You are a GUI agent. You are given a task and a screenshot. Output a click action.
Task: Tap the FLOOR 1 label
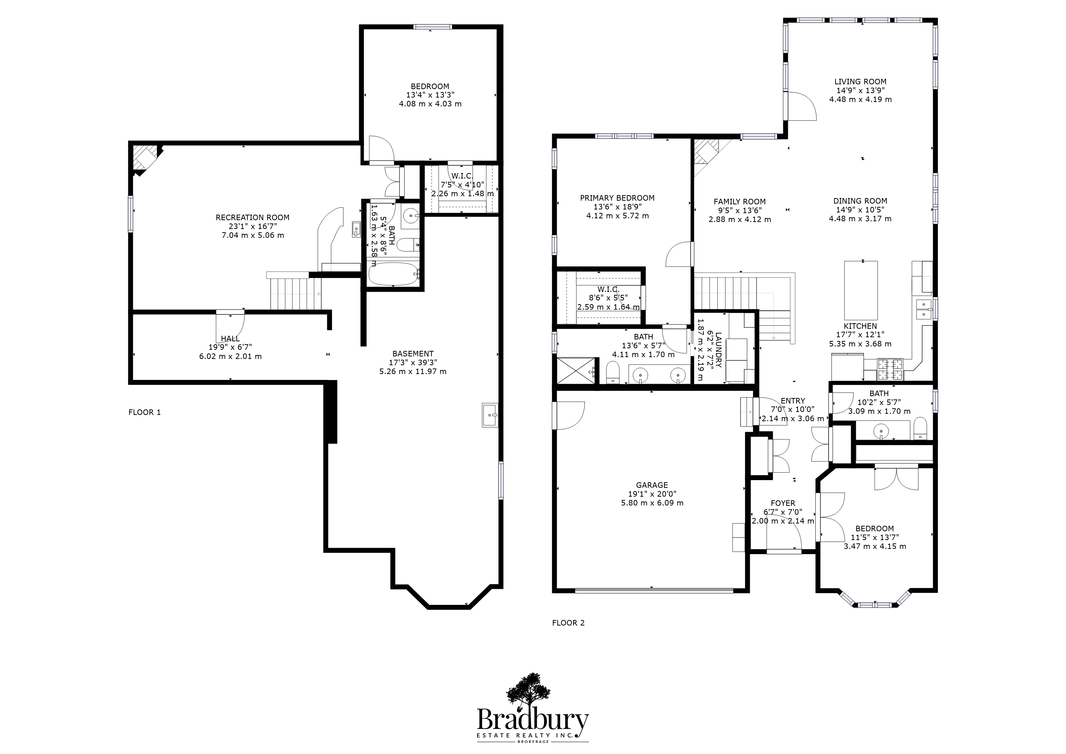click(x=144, y=412)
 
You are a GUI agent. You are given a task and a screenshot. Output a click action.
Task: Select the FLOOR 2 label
click(x=568, y=623)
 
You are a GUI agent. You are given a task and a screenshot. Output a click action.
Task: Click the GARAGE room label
click(x=652, y=485)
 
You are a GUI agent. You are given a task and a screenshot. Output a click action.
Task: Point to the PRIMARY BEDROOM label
click(x=617, y=198)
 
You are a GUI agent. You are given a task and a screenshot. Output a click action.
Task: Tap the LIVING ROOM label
click(x=860, y=82)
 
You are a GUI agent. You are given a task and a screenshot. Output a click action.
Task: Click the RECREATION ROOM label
click(x=253, y=217)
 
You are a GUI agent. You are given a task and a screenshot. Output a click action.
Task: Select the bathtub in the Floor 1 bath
click(x=393, y=274)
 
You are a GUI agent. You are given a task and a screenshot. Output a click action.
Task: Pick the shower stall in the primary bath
click(x=576, y=370)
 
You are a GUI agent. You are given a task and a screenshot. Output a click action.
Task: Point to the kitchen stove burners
click(x=890, y=370)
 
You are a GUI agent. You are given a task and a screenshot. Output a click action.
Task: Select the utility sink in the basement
click(x=490, y=415)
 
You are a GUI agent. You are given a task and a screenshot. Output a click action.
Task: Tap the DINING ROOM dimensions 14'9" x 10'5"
click(x=860, y=210)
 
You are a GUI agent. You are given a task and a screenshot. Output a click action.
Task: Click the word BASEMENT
click(x=413, y=354)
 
